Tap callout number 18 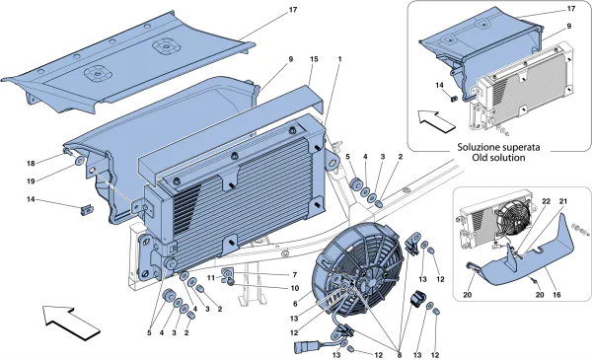31,163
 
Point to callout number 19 31,180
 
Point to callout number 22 543,203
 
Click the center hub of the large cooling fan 357,278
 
